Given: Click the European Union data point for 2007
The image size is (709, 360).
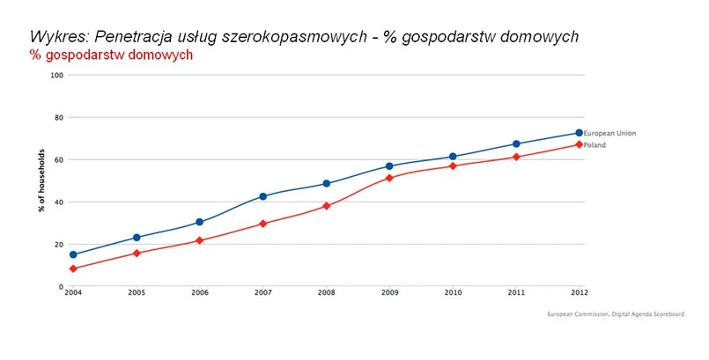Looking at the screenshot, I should tap(263, 196).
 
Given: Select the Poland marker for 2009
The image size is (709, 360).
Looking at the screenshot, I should tap(389, 178).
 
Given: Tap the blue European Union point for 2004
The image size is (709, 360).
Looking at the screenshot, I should tap(73, 254).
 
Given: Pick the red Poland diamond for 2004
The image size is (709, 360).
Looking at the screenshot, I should tap(73, 268).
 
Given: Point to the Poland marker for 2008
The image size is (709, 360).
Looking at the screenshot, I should tap(326, 206).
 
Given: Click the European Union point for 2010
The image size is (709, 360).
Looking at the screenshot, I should tap(453, 157).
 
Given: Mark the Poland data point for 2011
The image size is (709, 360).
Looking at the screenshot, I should tap(516, 157).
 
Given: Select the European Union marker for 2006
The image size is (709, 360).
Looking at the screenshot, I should tap(200, 222).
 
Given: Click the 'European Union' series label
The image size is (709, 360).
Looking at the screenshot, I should tap(609, 133).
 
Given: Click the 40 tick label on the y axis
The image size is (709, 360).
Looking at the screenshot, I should tap(60, 202).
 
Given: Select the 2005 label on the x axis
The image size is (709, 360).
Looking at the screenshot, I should tap(137, 293).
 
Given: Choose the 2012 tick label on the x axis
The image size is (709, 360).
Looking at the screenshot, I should tap(579, 293).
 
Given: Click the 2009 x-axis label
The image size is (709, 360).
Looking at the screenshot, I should tap(389, 293).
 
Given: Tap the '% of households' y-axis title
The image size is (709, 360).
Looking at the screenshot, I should tap(41, 180).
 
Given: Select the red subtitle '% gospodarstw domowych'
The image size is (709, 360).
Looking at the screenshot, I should tap(111, 55).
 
